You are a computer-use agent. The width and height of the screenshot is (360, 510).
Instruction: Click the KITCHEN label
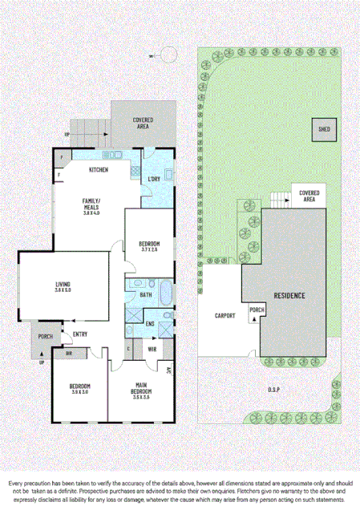pos(99,170)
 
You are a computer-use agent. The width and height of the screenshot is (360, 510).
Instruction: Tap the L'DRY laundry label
pos(154,179)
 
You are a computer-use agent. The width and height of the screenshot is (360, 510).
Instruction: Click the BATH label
pos(145,295)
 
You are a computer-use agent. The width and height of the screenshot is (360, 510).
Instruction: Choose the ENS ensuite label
pos(149,323)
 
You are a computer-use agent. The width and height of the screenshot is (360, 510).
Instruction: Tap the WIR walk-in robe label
pos(152,350)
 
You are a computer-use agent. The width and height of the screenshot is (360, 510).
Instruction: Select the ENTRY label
pos(80,334)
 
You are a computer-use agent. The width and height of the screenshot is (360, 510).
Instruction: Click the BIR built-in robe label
pos(69,353)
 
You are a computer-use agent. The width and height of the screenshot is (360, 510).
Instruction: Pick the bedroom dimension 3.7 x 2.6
pos(149,250)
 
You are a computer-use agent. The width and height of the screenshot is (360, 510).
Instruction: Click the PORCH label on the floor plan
pos(45,337)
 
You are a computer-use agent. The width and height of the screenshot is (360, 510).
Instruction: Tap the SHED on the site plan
pos(325,128)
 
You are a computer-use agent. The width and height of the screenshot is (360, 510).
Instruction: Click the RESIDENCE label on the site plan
pos(289,296)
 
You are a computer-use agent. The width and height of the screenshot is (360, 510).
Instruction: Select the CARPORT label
pos(224,316)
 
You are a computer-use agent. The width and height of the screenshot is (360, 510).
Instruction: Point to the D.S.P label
pos(273,391)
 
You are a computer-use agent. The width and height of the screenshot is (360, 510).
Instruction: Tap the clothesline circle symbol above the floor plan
pos(170,54)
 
